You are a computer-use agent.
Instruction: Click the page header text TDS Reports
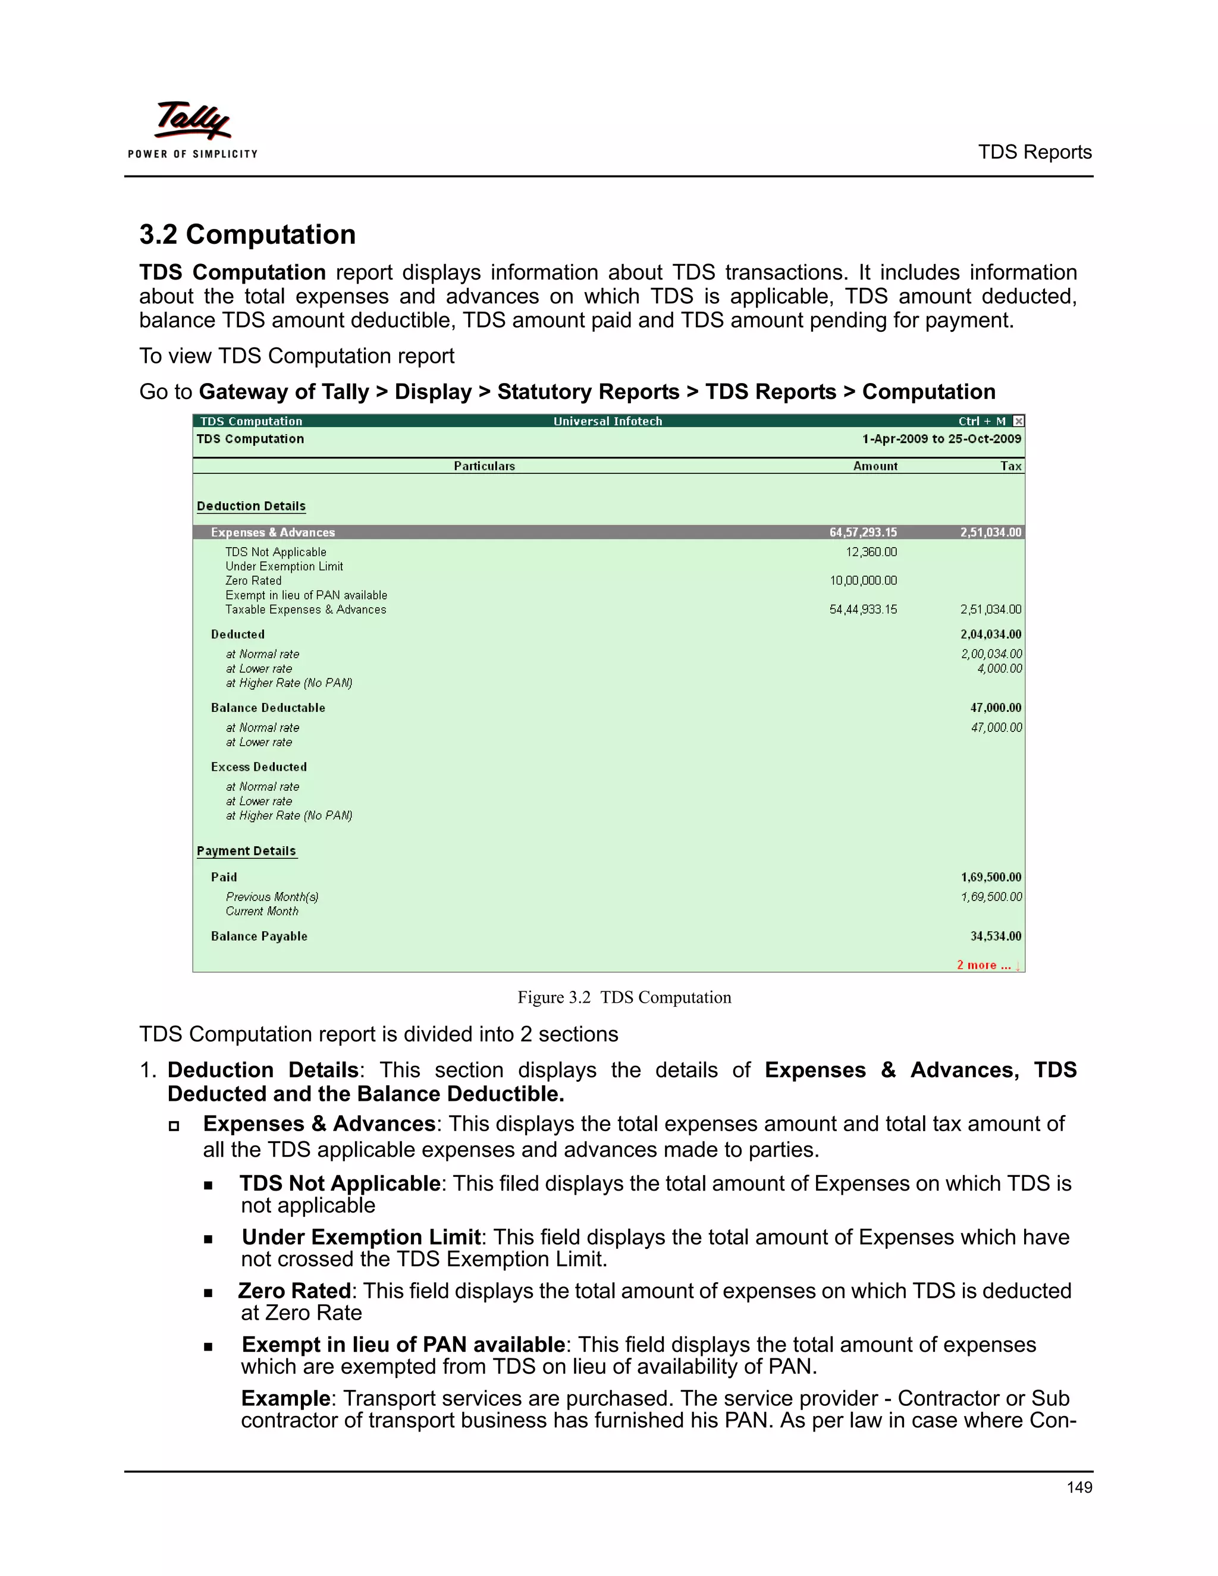tap(1034, 152)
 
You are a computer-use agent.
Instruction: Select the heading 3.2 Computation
tap(247, 234)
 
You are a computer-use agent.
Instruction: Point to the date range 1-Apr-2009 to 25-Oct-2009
tap(941, 439)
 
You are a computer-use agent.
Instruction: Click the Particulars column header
tap(484, 466)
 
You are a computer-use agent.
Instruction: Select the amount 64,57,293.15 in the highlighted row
tap(863, 532)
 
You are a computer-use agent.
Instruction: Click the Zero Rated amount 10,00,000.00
tap(863, 581)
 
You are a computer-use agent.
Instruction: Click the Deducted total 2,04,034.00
tap(991, 635)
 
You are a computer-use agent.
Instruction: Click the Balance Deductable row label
tap(268, 708)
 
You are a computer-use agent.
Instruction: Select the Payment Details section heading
tap(246, 851)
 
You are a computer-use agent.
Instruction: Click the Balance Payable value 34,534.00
tap(995, 936)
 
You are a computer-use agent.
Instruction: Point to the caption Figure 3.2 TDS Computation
tap(624, 997)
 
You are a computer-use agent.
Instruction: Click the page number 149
tap(1079, 1487)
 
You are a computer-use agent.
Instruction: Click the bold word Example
tap(285, 1399)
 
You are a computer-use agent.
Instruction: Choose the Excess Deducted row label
tap(258, 767)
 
